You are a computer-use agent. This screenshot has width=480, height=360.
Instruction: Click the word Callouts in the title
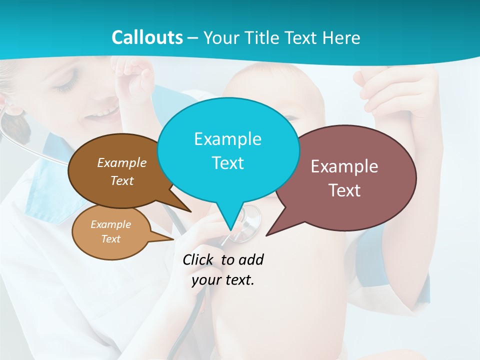tap(147, 38)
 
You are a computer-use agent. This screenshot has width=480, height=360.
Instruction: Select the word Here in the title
tap(341, 38)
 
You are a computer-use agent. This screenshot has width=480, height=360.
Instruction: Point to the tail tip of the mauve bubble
tap(267, 234)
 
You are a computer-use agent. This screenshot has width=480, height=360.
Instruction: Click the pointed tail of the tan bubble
tap(170, 239)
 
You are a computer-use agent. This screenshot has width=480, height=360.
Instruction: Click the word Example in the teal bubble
tap(227, 139)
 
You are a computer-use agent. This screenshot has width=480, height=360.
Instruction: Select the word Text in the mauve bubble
tap(345, 190)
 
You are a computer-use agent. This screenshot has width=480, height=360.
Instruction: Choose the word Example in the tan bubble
tap(110, 224)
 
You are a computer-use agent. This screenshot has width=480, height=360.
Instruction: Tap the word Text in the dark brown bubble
tap(122, 180)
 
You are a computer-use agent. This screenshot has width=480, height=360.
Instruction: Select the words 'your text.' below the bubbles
tap(223, 280)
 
